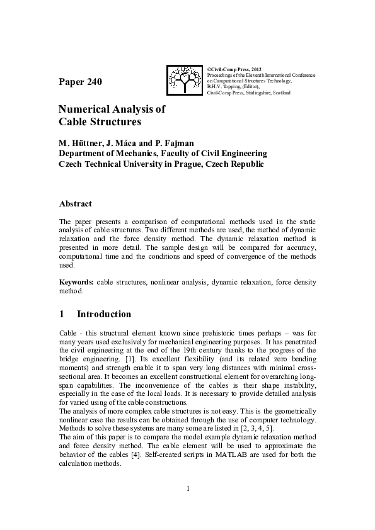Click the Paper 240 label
click(x=79, y=82)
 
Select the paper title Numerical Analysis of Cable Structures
click(x=112, y=115)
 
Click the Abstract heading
click(x=75, y=204)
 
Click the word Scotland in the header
click(x=282, y=93)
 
